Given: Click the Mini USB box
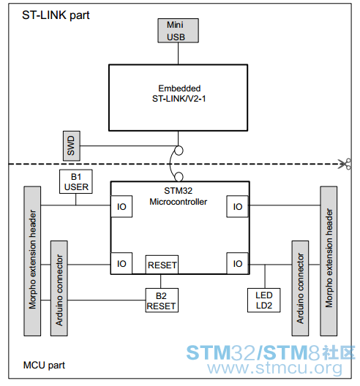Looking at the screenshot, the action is (178, 31).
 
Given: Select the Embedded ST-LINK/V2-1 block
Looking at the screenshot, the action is (178, 98).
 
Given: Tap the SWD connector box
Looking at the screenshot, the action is (72, 145).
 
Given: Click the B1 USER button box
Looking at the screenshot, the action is (76, 181).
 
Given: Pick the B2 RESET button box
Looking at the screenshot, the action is (162, 300).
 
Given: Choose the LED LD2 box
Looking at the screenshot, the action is (263, 300).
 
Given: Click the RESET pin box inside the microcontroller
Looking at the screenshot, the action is (162, 265).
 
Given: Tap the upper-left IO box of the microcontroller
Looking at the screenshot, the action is (121, 206).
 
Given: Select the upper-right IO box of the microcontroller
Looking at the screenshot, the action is (237, 206).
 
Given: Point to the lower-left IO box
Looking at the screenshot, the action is (121, 263).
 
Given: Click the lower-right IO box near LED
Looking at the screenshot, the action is (237, 263).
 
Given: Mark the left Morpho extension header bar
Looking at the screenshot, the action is (32, 261).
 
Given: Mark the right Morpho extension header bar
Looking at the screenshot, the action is (329, 261).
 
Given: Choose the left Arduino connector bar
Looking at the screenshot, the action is (59, 288).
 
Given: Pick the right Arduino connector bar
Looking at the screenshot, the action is (300, 288).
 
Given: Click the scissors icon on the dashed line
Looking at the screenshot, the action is (345, 164).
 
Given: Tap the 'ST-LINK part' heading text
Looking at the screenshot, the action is (56, 15).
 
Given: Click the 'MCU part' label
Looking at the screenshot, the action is (44, 365).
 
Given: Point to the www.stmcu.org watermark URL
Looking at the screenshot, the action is (274, 368).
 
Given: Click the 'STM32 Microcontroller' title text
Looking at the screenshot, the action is (178, 196).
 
